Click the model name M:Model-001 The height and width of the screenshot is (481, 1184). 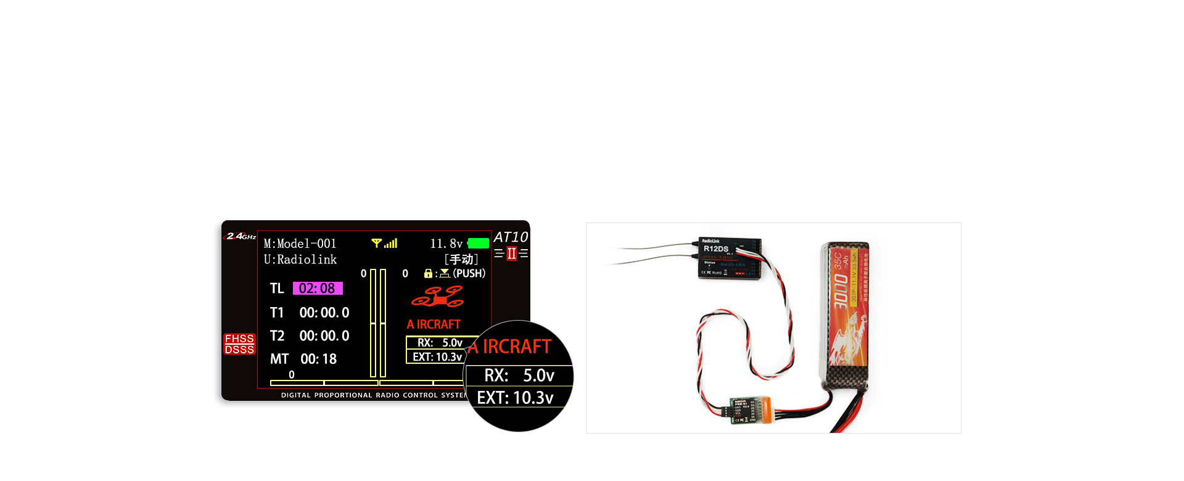(300, 244)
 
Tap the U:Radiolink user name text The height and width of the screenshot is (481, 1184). (300, 260)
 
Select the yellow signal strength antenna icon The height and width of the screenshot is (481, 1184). (377, 244)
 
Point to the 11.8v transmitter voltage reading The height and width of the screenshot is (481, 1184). (446, 244)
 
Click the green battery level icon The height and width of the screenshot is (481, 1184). (479, 244)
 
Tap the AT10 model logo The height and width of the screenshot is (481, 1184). (511, 237)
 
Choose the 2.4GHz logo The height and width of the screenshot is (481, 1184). (240, 236)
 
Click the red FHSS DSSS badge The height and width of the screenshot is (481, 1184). (239, 344)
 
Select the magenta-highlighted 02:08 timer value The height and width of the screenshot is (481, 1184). (317, 289)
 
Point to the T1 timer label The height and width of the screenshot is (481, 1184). (277, 313)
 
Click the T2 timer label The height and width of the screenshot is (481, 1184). (277, 336)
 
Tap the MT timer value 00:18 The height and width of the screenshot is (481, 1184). (318, 359)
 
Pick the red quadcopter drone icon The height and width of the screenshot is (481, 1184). (438, 297)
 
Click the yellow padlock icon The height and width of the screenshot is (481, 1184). (428, 273)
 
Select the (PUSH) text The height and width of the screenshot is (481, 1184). (469, 273)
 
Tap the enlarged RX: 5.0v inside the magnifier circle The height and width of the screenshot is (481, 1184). (519, 375)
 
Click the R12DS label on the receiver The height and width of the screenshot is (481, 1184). (716, 249)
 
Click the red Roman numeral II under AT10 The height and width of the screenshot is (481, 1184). (511, 253)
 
